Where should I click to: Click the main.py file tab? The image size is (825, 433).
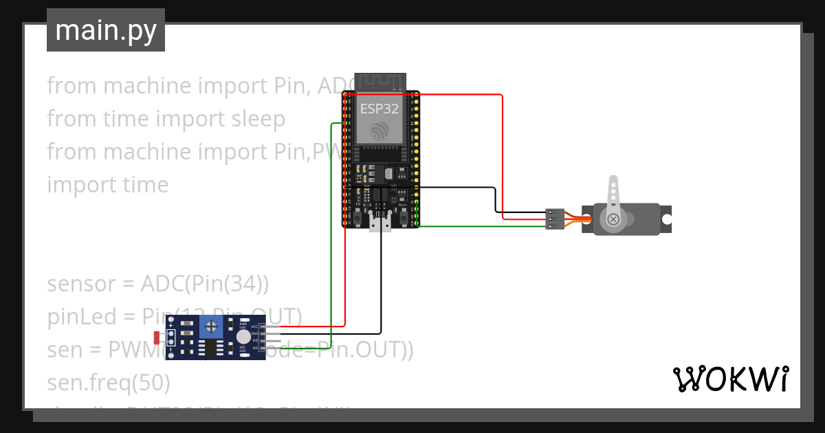105,30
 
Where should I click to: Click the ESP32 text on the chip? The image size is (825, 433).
379,109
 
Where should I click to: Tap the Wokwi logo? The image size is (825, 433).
730,379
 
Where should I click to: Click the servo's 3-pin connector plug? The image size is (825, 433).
555,219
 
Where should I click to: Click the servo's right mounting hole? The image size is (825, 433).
666,219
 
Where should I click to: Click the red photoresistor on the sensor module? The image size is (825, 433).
157,337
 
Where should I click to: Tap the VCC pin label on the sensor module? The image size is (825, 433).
254,326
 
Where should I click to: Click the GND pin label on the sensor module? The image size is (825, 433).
254,333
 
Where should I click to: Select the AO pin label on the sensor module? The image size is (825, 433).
254,348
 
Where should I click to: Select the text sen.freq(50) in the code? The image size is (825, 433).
109,381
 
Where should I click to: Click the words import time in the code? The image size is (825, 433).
108,184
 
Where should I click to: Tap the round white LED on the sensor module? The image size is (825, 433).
243,336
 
